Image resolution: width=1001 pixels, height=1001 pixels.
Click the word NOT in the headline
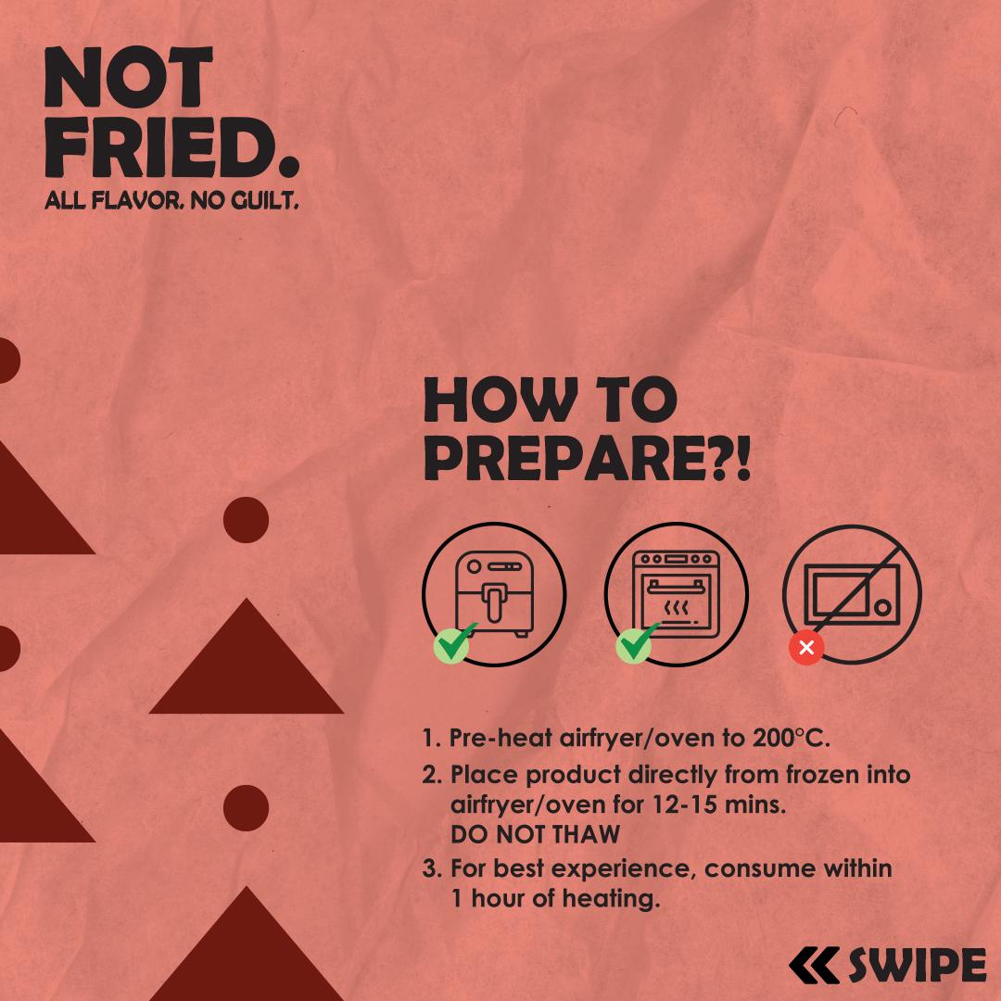tap(128, 77)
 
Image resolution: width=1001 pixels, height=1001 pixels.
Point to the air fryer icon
tap(494, 594)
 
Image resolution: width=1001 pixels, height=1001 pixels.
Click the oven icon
tap(676, 594)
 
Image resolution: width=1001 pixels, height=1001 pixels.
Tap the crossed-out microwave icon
tap(853, 594)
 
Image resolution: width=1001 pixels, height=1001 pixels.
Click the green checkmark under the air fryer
tap(454, 643)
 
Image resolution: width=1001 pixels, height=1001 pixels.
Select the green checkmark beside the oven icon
tap(636, 643)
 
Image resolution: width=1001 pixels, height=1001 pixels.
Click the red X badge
tap(806, 648)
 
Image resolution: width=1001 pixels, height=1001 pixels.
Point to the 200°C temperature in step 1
tap(791, 738)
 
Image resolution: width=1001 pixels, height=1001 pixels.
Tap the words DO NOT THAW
tap(535, 834)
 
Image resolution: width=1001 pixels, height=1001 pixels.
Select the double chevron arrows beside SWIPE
tap(814, 965)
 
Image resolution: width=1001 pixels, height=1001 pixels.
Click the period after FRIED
tap(289, 167)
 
